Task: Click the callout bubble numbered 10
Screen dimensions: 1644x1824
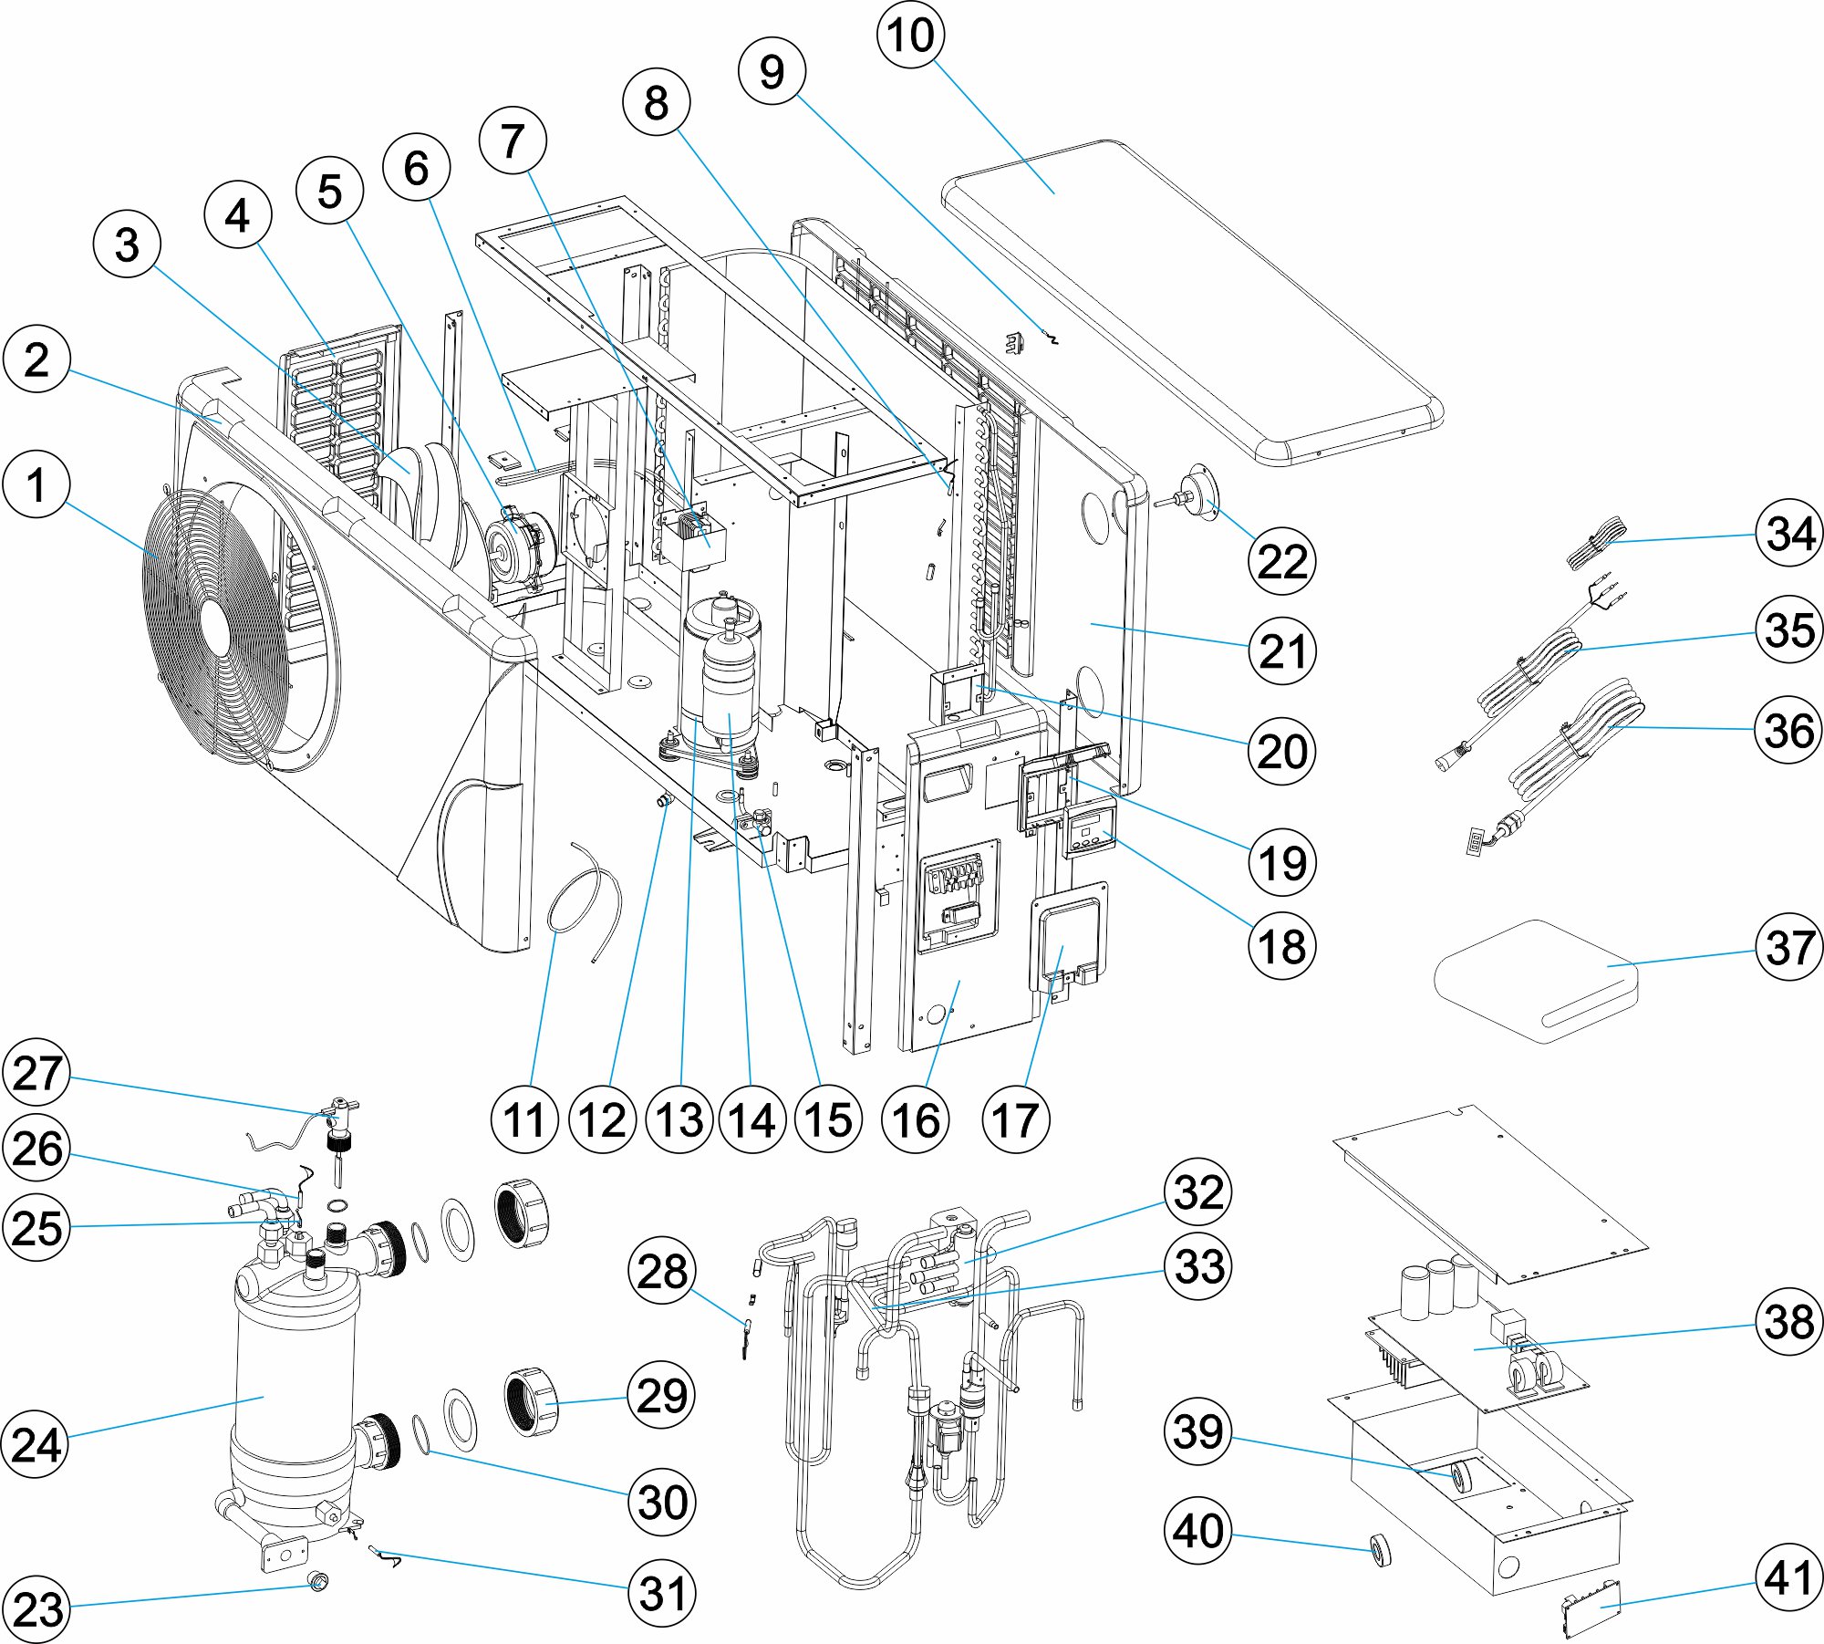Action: [x=910, y=36]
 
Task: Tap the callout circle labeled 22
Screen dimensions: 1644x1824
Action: [x=1282, y=561]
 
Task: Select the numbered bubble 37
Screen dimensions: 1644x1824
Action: [x=1789, y=947]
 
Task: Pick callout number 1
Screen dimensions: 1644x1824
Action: [x=36, y=484]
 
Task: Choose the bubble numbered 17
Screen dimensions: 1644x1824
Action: [x=1015, y=1120]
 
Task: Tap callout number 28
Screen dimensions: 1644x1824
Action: [x=662, y=1271]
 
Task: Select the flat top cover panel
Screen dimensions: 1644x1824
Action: [x=1186, y=301]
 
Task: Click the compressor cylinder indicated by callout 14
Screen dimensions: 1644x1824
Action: [x=730, y=693]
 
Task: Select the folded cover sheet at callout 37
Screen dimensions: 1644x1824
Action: [x=1537, y=981]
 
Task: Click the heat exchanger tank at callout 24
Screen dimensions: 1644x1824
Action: [x=292, y=1396]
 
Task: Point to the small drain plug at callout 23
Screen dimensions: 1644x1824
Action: [x=317, y=1581]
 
